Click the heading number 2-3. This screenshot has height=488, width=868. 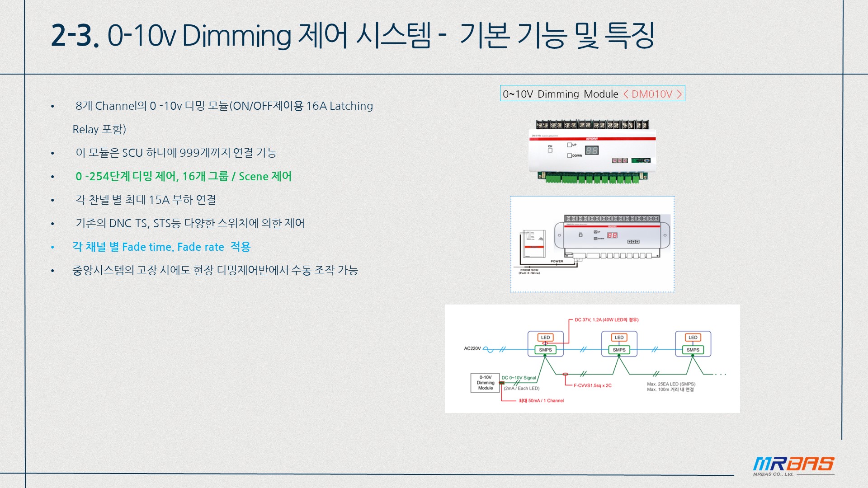[75, 35]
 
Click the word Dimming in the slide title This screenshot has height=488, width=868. [236, 35]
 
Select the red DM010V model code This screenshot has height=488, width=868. [652, 94]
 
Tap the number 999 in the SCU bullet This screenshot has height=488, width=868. [189, 153]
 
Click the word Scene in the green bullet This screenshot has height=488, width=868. [253, 176]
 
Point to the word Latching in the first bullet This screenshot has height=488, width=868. [351, 106]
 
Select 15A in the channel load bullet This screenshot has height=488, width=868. [159, 200]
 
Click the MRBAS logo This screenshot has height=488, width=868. [793, 465]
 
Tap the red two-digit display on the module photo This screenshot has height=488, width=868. [592, 150]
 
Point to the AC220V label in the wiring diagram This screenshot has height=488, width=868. [472, 348]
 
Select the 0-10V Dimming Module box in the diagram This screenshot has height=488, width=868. [485, 383]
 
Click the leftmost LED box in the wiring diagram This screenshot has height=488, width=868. [545, 338]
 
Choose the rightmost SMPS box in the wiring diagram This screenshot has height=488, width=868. [693, 350]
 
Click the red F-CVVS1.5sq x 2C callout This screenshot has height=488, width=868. [592, 385]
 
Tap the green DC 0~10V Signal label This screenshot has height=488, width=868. [519, 378]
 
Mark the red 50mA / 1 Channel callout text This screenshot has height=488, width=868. [541, 401]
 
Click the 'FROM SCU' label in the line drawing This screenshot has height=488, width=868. [529, 270]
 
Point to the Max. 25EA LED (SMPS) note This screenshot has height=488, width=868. [671, 384]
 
